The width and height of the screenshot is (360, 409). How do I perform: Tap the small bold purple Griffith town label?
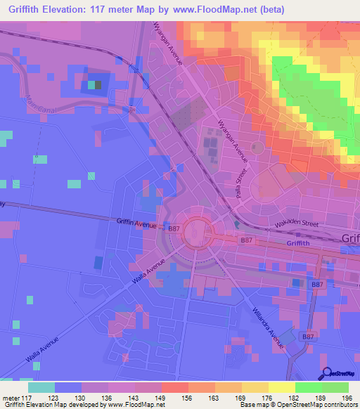303,243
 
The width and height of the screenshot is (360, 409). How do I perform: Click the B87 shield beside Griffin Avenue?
174,228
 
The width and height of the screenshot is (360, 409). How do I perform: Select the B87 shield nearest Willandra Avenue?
308,337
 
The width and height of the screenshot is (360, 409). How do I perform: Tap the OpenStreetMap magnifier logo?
327,374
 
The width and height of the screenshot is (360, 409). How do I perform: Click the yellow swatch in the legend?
281,387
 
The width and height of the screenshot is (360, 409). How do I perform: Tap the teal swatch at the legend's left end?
41,387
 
